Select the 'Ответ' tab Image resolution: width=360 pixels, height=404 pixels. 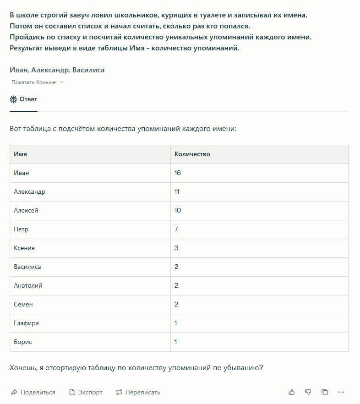(x=24, y=99)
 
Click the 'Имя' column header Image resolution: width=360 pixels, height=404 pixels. (x=21, y=154)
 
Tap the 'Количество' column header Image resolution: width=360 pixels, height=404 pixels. (x=192, y=154)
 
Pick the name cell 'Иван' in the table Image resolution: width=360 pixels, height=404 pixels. (x=22, y=173)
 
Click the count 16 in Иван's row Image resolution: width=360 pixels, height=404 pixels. (x=178, y=173)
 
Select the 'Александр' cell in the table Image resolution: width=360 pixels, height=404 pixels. (x=30, y=192)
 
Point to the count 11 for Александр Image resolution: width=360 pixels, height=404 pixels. (x=177, y=192)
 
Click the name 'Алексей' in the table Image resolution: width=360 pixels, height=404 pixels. (x=26, y=211)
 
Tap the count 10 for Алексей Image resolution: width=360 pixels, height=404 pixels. (x=178, y=211)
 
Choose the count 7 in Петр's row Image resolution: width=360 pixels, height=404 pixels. (x=176, y=229)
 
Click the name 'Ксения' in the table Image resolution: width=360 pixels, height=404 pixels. (x=24, y=248)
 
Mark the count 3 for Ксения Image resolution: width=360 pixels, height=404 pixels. (x=176, y=248)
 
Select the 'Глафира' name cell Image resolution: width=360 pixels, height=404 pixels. (x=27, y=323)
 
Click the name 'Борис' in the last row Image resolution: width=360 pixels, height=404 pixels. (x=23, y=342)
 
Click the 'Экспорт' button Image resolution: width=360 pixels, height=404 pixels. (x=86, y=393)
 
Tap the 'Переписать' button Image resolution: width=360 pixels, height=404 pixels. (x=138, y=393)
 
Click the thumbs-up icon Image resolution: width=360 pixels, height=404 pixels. (x=292, y=393)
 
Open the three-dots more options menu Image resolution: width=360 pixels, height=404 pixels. (x=341, y=393)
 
